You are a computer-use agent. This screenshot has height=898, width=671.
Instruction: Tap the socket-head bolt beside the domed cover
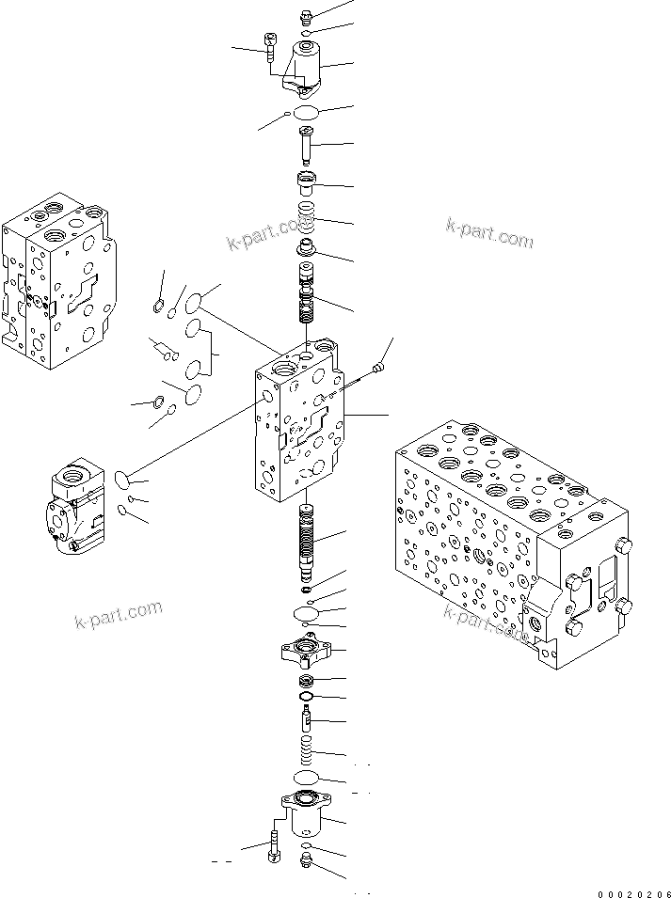(x=271, y=46)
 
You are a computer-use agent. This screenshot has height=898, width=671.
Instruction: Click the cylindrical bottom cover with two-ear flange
(x=307, y=814)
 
